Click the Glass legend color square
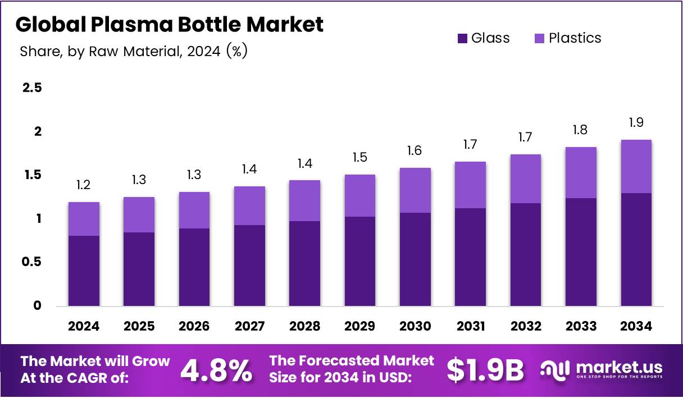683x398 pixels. pyautogui.click(x=463, y=38)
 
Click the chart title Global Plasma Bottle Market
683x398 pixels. pyautogui.click(x=170, y=24)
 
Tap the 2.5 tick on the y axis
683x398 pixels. pyautogui.click(x=32, y=88)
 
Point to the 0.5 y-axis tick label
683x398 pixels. pyautogui.click(x=32, y=262)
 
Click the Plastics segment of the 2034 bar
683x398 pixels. pyautogui.click(x=636, y=166)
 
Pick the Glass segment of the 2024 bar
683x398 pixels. pyautogui.click(x=84, y=271)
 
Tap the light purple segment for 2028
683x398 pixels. pyautogui.click(x=304, y=200)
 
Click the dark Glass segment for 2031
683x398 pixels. pyautogui.click(x=470, y=257)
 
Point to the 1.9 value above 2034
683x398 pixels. pyautogui.click(x=636, y=122)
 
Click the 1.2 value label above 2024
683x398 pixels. pyautogui.click(x=84, y=185)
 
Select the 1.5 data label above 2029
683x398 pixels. pyautogui.click(x=359, y=158)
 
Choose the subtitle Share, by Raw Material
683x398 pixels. pyautogui.click(x=133, y=52)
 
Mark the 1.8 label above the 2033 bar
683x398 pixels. pyautogui.click(x=581, y=130)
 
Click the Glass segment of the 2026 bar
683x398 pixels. pyautogui.click(x=194, y=267)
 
